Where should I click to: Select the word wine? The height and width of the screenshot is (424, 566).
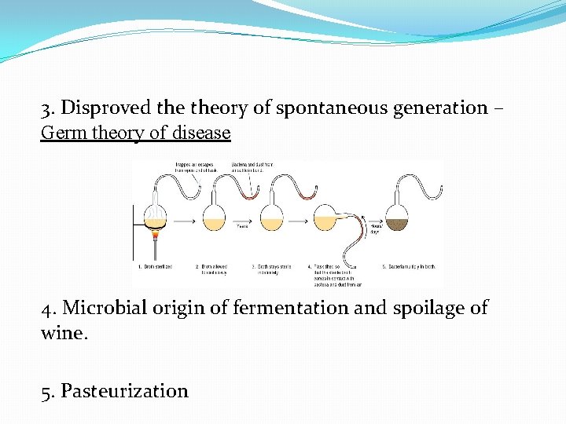(61, 332)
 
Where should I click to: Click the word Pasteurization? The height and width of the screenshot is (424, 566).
(124, 390)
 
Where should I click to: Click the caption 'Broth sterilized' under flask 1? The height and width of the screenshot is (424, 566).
(156, 268)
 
